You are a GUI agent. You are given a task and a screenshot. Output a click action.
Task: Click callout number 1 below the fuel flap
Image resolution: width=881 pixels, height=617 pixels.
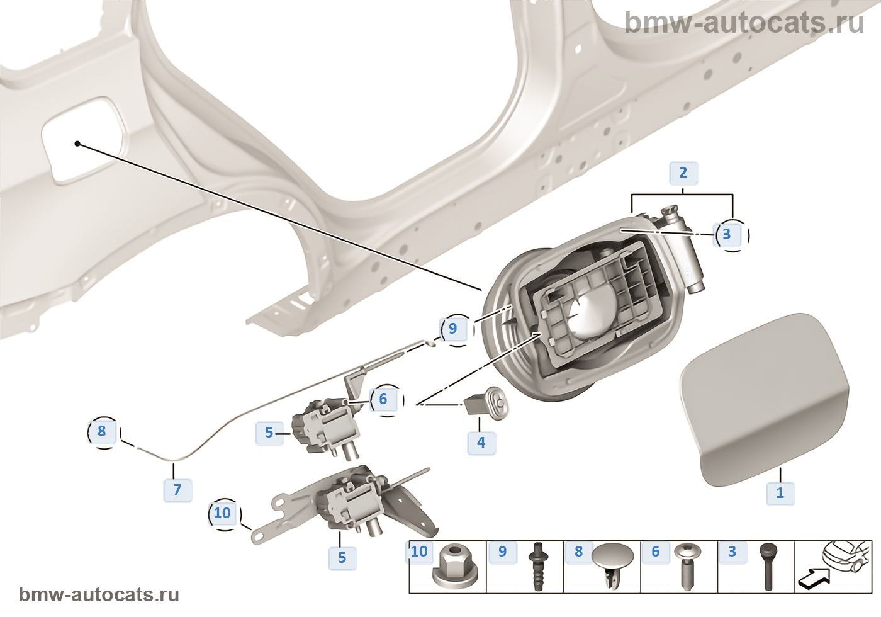tap(780, 492)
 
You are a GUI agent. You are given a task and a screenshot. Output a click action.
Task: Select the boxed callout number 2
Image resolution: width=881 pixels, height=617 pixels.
tap(683, 173)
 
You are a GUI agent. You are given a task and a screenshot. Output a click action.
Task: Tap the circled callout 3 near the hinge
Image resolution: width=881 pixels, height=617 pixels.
tap(727, 234)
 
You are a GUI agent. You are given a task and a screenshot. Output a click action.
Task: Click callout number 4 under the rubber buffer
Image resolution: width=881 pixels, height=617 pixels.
tap(481, 443)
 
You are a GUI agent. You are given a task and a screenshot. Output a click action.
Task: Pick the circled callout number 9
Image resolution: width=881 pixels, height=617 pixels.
tap(452, 329)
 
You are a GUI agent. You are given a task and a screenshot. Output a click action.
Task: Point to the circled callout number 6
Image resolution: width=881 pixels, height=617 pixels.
tap(383, 399)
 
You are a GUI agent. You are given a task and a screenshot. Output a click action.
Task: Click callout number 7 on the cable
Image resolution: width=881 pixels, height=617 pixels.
tap(177, 490)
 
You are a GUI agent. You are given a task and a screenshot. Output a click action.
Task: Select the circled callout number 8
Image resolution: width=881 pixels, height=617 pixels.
tap(102, 432)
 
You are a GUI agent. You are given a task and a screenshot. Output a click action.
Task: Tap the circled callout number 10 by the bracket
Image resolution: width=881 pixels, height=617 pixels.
tap(222, 513)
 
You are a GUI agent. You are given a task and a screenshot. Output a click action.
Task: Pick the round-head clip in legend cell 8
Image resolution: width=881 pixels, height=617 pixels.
tap(612, 563)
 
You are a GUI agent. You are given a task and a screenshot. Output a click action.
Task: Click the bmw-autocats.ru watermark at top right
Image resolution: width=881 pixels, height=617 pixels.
tap(744, 23)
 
